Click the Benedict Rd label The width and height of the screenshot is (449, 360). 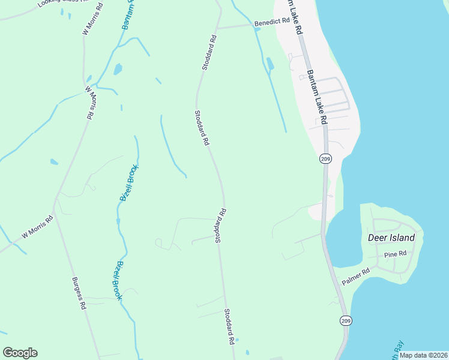click(x=272, y=22)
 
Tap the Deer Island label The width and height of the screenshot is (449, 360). click(x=391, y=238)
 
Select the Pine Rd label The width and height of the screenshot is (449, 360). click(x=396, y=254)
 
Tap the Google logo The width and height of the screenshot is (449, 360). click(x=20, y=353)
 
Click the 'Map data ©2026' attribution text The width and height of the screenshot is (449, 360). click(x=423, y=355)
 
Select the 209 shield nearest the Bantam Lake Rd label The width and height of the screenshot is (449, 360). click(x=325, y=159)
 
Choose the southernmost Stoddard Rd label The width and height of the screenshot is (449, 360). click(x=229, y=326)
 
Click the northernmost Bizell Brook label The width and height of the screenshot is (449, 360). click(x=129, y=182)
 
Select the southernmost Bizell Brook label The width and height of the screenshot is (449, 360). click(x=118, y=280)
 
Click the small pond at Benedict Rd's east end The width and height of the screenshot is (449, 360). click(x=257, y=29)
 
